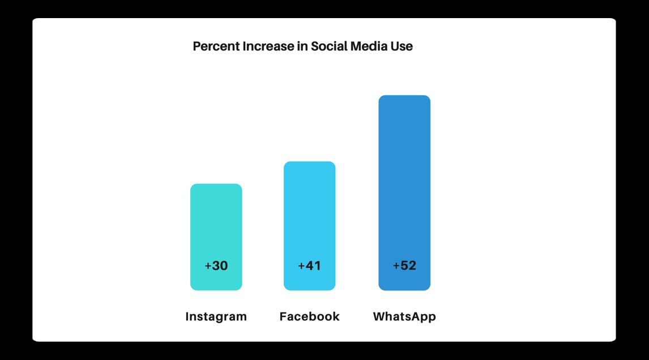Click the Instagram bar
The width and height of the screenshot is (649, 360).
point(216,226)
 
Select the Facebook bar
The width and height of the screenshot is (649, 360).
point(309,215)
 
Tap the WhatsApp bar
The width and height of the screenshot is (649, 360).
point(404,181)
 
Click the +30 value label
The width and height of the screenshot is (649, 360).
point(216,265)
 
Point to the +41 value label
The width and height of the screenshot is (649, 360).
point(309,265)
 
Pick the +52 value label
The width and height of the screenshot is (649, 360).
point(404,265)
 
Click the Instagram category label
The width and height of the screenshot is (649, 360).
point(216,316)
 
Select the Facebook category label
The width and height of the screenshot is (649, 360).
point(309,316)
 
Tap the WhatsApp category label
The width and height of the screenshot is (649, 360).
point(404,316)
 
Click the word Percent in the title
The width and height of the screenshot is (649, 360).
point(216,46)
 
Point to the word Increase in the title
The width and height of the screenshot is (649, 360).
point(268,46)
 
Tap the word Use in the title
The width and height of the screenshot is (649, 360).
point(402,46)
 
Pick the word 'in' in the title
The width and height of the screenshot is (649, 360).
point(302,46)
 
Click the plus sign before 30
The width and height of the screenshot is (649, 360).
point(208,265)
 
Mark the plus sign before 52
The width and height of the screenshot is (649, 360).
point(396,265)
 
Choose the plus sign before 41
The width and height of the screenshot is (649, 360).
point(301,265)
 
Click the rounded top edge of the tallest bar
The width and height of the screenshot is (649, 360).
point(404,97)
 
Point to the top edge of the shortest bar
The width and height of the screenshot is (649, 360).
point(216,185)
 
